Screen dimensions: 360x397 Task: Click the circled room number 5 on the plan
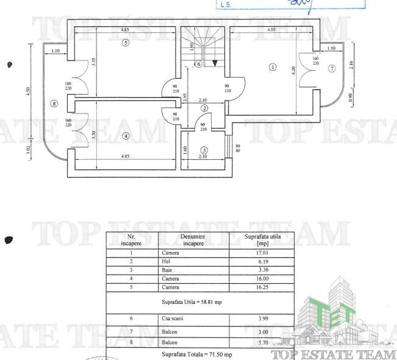pos(125,43)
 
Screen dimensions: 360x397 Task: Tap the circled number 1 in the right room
pos(273,67)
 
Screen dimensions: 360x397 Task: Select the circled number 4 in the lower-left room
pos(126,136)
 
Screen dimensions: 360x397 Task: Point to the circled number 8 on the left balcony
pos(54,104)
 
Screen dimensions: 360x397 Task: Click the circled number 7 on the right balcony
pos(332,69)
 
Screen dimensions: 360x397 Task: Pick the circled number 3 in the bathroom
pos(204,150)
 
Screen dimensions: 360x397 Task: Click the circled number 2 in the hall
pos(204,108)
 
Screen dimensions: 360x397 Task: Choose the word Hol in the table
pos(166,261)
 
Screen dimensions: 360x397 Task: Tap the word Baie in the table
pos(168,270)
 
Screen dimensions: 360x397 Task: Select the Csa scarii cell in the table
pos(173,319)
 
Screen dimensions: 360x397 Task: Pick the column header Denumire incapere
pos(193,239)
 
